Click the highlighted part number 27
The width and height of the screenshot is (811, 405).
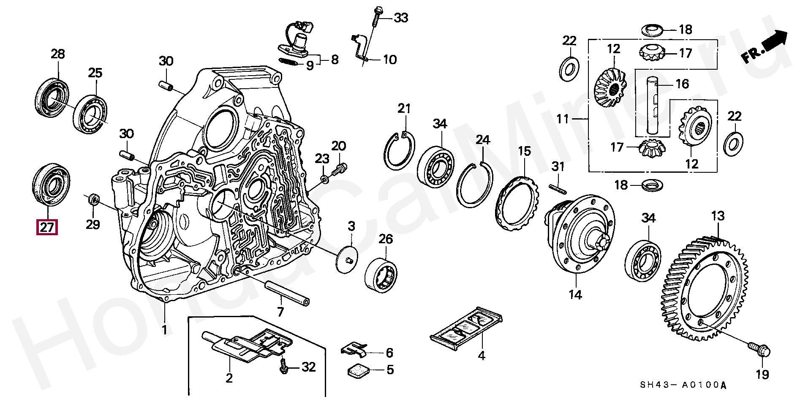(47, 228)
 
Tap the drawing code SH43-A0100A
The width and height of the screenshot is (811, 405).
(685, 385)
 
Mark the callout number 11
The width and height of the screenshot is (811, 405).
(563, 119)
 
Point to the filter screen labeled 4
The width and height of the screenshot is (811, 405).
(466, 328)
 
